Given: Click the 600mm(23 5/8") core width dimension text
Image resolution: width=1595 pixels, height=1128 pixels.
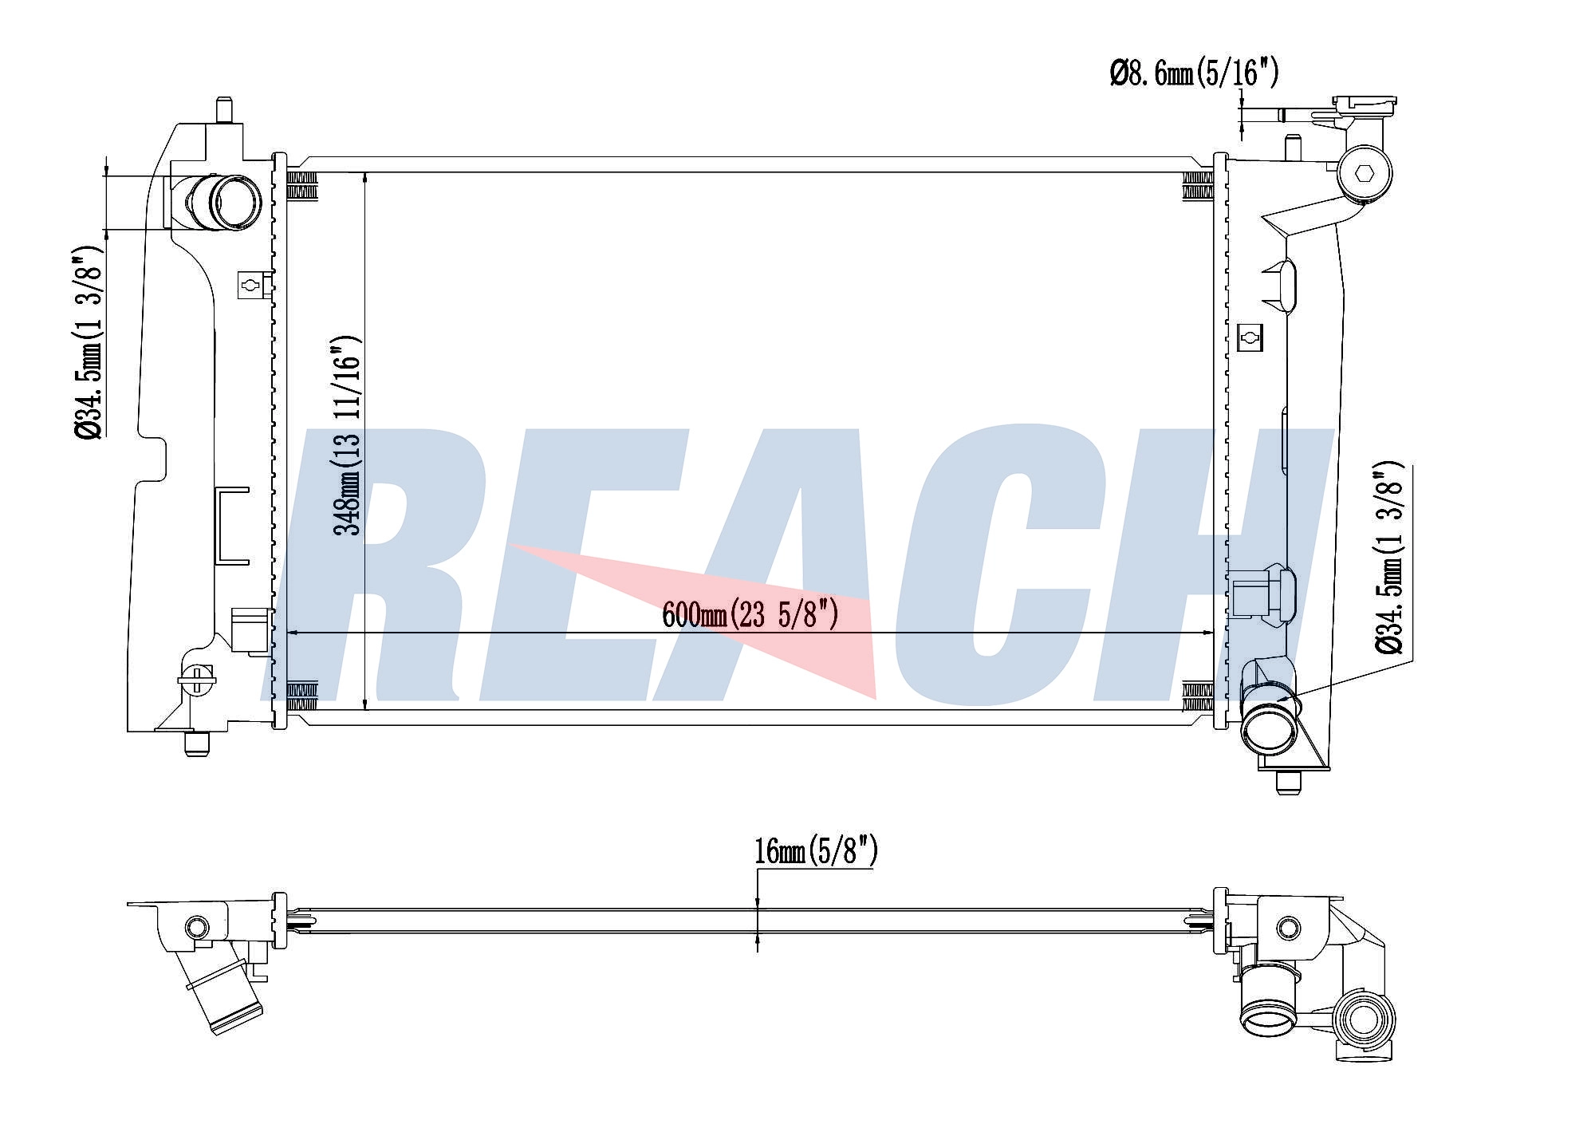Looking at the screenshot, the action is tap(750, 615).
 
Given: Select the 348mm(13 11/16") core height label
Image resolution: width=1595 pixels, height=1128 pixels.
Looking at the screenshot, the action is tap(349, 435).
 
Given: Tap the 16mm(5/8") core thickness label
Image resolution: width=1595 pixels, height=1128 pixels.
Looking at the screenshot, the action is tap(816, 851).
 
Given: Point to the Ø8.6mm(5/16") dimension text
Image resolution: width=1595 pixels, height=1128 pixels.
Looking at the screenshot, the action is tap(1194, 74).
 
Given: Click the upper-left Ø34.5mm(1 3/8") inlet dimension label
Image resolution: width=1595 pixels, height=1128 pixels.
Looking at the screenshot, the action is tap(89, 342).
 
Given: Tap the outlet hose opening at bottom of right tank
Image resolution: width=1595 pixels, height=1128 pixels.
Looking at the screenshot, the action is tap(1270, 727).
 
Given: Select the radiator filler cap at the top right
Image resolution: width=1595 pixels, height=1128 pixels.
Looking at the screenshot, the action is tap(1365, 105).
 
